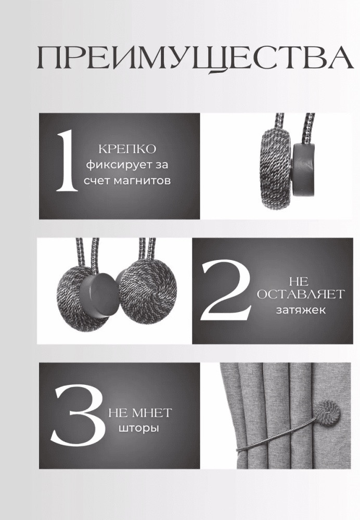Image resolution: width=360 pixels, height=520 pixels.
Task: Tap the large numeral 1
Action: point(68,161)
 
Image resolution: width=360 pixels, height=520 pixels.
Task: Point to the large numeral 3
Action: point(78,414)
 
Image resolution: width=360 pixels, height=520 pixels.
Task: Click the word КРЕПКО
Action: point(127,149)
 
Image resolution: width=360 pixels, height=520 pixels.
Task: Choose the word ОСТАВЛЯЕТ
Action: point(301,294)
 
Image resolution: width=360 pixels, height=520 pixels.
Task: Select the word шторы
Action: point(139,428)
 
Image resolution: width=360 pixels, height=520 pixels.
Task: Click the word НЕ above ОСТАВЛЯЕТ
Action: point(299,282)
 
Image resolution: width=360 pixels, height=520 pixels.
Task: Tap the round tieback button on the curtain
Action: point(327,414)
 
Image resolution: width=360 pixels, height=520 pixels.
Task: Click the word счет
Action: point(97,181)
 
